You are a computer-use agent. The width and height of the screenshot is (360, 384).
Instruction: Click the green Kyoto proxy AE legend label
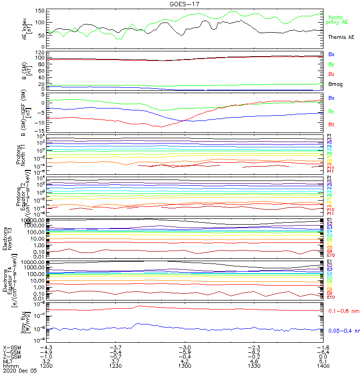341,20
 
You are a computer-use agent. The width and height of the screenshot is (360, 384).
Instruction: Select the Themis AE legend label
341,37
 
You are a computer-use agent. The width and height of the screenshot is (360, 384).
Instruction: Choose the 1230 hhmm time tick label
116,366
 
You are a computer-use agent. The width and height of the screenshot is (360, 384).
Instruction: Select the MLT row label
8,361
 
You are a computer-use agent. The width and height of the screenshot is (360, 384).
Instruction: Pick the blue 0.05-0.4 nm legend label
343,331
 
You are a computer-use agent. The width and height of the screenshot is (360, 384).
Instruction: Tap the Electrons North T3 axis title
9,239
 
